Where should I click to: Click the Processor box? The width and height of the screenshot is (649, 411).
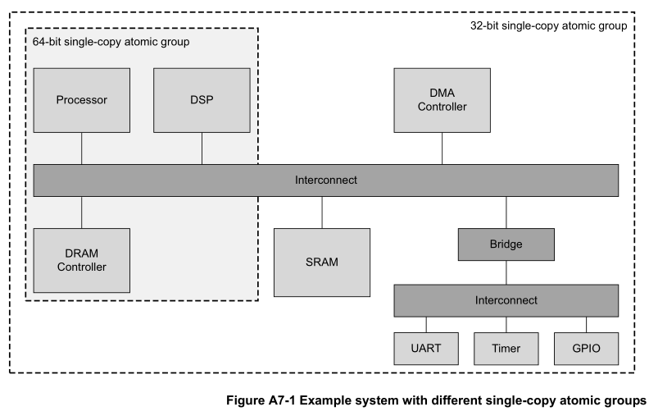(x=82, y=101)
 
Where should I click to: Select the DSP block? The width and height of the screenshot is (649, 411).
(x=202, y=101)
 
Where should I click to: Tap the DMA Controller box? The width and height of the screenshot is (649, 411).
(x=442, y=101)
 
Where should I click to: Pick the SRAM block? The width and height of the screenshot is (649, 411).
(x=321, y=263)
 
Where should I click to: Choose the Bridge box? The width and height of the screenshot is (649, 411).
(x=506, y=244)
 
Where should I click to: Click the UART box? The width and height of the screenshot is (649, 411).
(x=426, y=348)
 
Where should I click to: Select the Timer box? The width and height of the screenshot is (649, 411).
(x=506, y=348)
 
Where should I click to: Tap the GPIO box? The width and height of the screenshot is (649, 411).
(x=585, y=348)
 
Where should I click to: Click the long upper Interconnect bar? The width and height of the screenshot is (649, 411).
(x=325, y=180)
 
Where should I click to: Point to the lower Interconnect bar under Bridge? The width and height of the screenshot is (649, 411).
(x=506, y=300)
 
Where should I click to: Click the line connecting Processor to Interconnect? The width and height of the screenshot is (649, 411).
(x=82, y=148)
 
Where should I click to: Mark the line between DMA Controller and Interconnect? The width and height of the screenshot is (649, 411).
(x=442, y=148)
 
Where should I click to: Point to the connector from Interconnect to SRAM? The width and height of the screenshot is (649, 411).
(x=321, y=212)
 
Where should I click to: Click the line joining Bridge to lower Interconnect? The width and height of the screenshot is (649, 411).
(x=506, y=272)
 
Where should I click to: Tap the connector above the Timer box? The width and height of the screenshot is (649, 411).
(x=506, y=324)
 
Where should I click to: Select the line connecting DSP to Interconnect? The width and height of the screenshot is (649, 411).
(x=202, y=148)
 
